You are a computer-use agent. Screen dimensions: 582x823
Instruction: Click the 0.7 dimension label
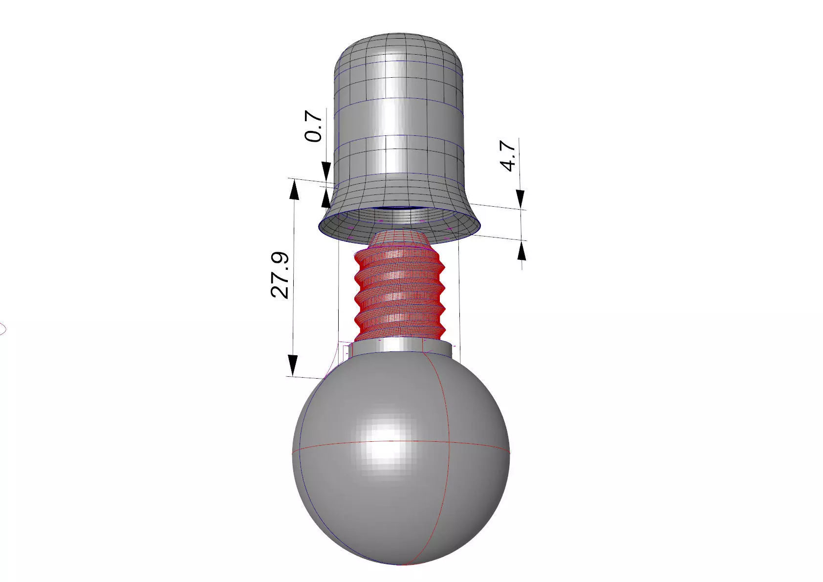pos(314,126)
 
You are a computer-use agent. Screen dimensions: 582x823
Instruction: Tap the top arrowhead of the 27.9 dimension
pos(294,191)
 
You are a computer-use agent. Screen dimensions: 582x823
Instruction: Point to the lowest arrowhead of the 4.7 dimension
pos(522,251)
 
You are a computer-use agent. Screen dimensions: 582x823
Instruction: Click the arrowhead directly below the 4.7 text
pos(521,198)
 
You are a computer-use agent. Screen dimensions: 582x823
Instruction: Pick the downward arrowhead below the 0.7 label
pos(326,171)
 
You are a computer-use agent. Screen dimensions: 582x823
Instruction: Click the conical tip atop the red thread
pos(399,240)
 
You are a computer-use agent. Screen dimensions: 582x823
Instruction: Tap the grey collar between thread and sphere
pos(401,346)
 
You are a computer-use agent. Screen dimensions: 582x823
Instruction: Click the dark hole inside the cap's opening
pos(398,209)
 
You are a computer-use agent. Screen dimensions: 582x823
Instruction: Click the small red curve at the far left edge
pos(2,329)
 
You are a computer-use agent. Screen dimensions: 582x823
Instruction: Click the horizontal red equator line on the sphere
pos(342,446)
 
